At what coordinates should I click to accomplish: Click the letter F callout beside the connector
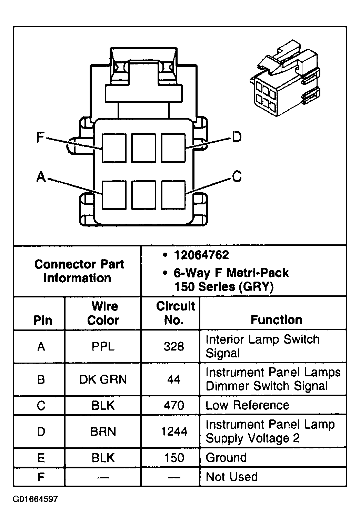point(41,138)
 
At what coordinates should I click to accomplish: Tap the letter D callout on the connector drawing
point(237,137)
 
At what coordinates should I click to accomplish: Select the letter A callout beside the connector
point(41,177)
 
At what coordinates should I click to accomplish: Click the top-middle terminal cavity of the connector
point(143,148)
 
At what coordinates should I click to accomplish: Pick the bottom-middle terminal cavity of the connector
point(143,195)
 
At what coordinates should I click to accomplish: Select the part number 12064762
point(201,255)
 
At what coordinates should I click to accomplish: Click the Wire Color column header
point(103,313)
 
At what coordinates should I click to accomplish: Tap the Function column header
point(276,320)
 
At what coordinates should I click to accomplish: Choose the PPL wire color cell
point(103,346)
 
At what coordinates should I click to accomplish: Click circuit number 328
point(173,346)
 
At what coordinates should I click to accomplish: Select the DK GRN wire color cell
point(103,379)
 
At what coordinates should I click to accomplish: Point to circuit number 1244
point(174,431)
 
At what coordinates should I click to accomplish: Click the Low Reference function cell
point(247,405)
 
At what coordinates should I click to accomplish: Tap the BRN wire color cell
point(103,431)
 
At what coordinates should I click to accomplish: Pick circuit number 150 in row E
point(174,458)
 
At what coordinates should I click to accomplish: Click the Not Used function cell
point(232,477)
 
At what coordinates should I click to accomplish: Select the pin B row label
point(41,379)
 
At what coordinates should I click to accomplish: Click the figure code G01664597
point(36,499)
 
